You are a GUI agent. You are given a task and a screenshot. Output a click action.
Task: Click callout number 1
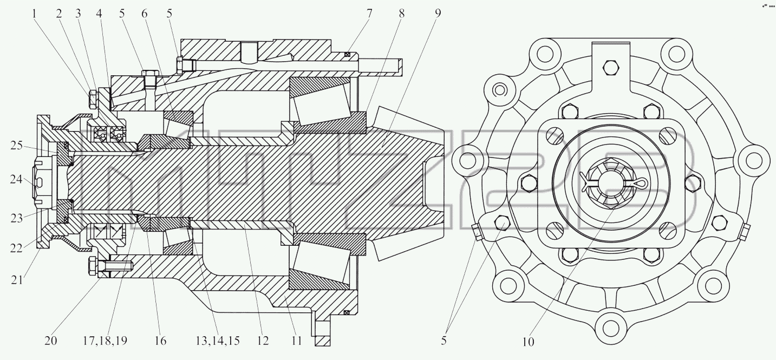(34, 14)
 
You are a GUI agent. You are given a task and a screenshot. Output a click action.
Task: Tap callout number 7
(369, 14)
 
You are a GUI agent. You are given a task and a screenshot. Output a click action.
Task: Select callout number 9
(438, 14)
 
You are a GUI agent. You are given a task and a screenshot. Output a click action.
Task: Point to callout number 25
(16, 146)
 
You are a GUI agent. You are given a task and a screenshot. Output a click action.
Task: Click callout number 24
(16, 180)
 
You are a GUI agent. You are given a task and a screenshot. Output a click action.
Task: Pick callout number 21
(17, 279)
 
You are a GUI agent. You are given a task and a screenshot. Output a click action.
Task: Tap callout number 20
(50, 341)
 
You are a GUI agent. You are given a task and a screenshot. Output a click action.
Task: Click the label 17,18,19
(105, 341)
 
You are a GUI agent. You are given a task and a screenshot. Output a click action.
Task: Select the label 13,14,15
(218, 341)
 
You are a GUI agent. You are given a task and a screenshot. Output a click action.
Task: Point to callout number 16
(160, 341)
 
